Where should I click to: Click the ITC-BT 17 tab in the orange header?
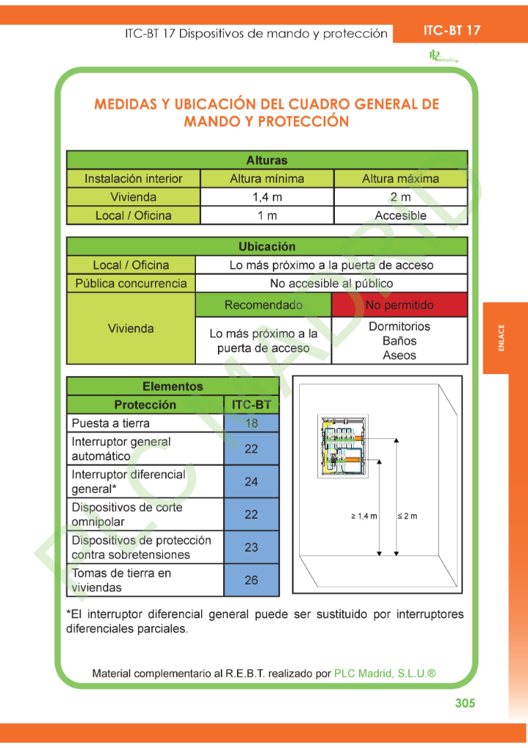[452, 30]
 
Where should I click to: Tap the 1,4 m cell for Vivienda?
[267, 197]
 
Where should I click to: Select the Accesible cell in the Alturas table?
[400, 215]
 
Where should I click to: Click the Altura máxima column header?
[400, 178]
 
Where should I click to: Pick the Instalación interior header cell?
[133, 178]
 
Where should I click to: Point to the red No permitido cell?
[399, 305]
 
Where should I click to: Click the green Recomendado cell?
[263, 305]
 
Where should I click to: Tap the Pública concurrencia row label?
[131, 283]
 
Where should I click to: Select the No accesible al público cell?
[331, 283]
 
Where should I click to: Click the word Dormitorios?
[399, 327]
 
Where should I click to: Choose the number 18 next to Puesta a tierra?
[252, 423]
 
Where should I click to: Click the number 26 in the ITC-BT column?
[252, 580]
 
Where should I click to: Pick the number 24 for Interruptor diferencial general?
[252, 482]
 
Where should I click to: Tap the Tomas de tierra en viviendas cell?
[144, 580]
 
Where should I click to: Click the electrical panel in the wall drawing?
[342, 446]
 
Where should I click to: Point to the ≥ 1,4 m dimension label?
[364, 516]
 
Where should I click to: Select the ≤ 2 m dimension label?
[407, 516]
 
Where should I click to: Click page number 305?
[464, 703]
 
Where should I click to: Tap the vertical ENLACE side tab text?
[502, 338]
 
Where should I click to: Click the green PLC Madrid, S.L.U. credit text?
[385, 673]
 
